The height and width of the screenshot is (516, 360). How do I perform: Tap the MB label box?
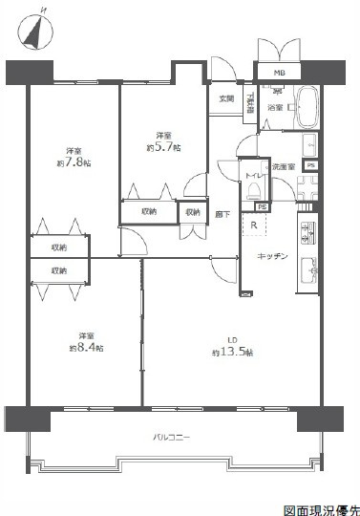[x=280, y=73]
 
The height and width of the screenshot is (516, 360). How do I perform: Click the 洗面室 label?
[x=284, y=167]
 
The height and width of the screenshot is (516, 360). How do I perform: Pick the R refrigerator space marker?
[x=254, y=226]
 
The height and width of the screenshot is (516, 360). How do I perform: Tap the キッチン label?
[x=274, y=256]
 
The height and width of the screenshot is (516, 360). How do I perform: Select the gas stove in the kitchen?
[x=309, y=231]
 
